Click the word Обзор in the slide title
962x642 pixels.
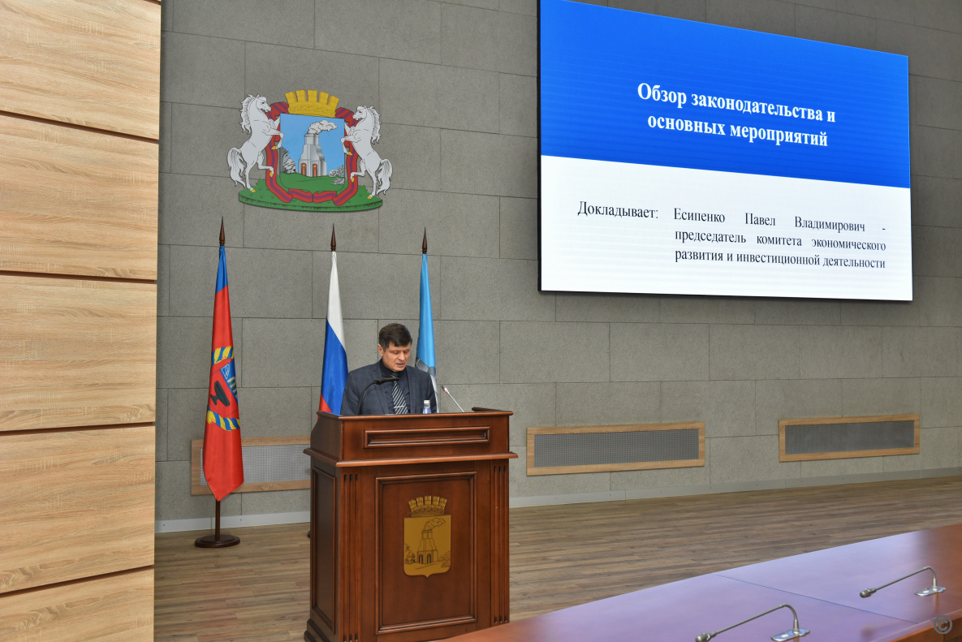(662, 94)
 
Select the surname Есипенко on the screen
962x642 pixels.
(699, 216)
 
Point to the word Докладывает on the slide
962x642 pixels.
(617, 210)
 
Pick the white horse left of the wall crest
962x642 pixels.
(252, 141)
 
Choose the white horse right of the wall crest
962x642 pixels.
(368, 150)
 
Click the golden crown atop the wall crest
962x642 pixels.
(313, 102)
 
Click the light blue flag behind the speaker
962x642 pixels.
(425, 322)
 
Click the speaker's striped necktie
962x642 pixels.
(398, 393)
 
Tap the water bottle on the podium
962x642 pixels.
(426, 407)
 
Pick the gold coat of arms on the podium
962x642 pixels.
(427, 536)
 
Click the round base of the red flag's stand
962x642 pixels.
(218, 541)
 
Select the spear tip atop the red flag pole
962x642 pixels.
(222, 232)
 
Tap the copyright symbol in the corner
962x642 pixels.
(943, 624)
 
